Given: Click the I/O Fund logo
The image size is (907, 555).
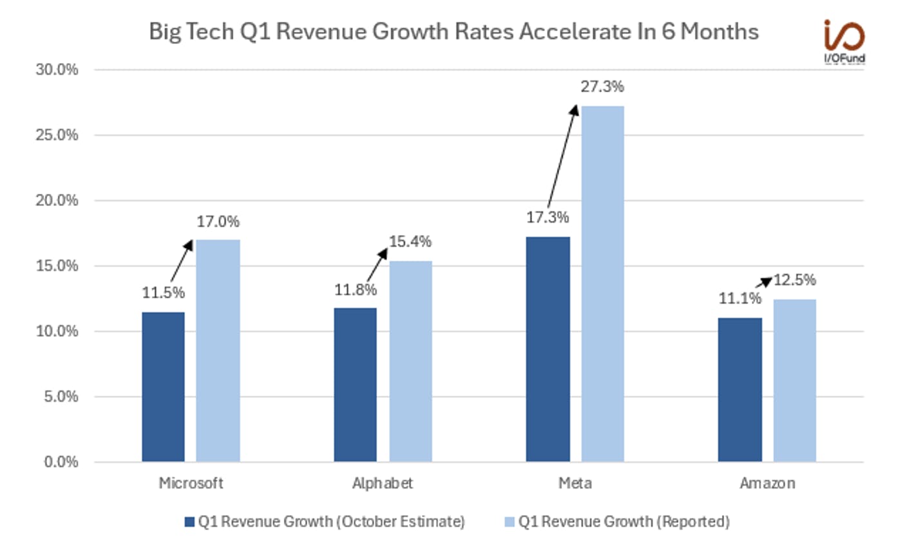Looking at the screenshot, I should pos(844,41).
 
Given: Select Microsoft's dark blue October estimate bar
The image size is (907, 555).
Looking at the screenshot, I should pos(163,386).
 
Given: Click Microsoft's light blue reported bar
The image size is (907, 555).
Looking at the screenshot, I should pos(218,351).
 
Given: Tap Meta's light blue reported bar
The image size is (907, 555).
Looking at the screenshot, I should pos(602,283).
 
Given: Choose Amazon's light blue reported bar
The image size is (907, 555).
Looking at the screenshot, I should pos(794,380).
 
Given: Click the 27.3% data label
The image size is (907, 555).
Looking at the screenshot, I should pos(602,86).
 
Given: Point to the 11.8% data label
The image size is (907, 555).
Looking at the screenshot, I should pos(355,290).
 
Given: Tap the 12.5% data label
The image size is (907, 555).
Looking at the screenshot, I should pos(794,280).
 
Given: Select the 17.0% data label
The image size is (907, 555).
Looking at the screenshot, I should pos(218,222).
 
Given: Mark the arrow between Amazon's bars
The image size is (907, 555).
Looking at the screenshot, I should pos(763,283).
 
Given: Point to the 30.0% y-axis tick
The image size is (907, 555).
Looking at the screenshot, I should pos(57,70).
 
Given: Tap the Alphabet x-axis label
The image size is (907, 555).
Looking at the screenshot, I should pos(382,483).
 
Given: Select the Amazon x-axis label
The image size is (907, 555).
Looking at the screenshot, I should pos(767,483).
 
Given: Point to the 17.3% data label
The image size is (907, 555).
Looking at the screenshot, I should pos(548,218).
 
